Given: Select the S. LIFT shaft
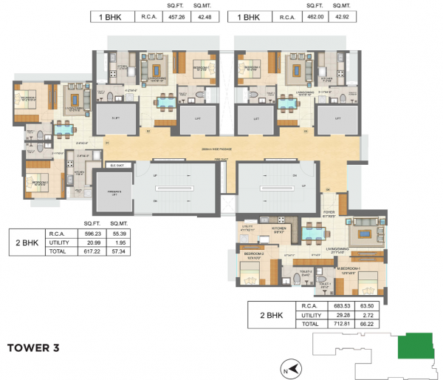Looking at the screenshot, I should [x=117, y=118].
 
